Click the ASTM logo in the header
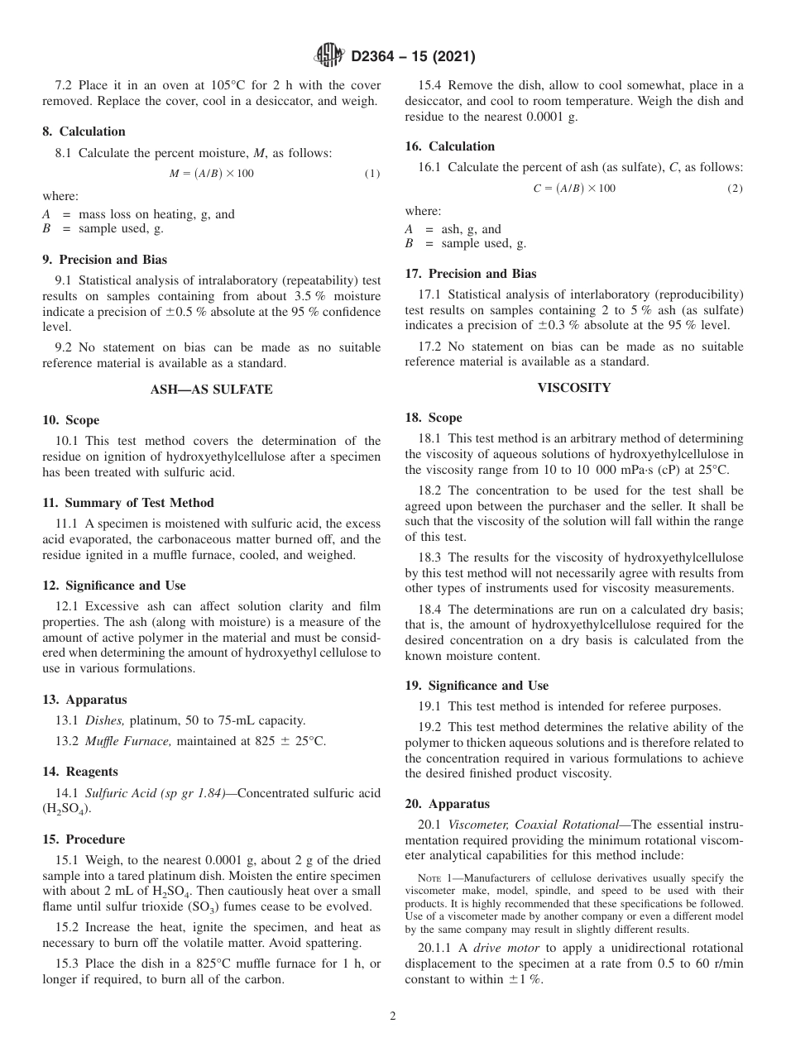(x=328, y=56)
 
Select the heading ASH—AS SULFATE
(x=211, y=390)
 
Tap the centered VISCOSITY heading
(x=574, y=387)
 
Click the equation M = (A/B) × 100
(x=212, y=174)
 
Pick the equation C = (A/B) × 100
(x=574, y=189)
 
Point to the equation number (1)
(x=372, y=174)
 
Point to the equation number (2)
(x=735, y=189)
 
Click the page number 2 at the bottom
(x=393, y=1016)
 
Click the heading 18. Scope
(x=434, y=418)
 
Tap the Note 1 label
(x=434, y=878)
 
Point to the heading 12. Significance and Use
(x=114, y=586)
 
